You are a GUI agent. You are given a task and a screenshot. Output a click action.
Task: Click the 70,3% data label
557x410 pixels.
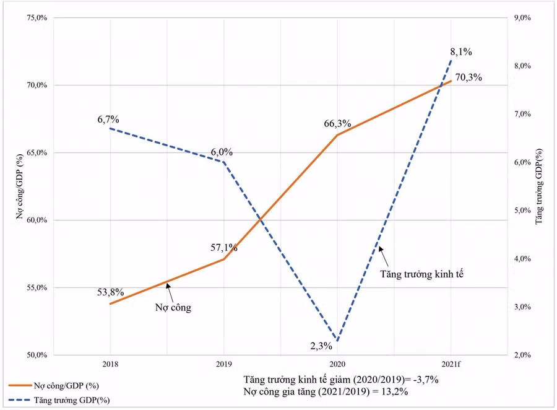(468, 78)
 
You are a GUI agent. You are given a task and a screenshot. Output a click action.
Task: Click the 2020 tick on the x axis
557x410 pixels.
(337, 364)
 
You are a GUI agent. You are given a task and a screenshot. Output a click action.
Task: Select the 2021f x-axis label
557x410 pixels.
(451, 364)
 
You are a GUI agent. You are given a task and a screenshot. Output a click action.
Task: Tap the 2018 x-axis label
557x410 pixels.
(110, 364)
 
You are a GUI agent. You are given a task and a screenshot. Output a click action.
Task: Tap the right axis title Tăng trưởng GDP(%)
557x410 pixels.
(539, 186)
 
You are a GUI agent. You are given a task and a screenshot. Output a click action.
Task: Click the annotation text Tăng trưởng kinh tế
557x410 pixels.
(422, 272)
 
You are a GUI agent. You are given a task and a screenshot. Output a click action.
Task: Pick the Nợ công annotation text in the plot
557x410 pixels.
(173, 307)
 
